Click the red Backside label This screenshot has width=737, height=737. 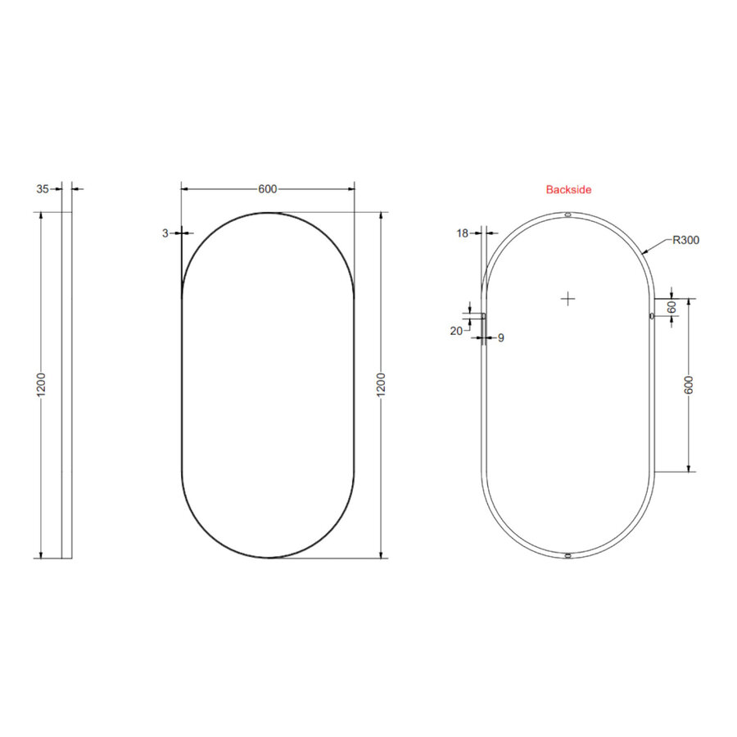click(568, 189)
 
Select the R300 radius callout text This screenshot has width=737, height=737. click(685, 240)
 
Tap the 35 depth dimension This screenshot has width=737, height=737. click(43, 189)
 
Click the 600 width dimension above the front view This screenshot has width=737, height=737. click(268, 189)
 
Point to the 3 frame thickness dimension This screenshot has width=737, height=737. click(165, 233)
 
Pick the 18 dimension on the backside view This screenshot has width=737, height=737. click(463, 233)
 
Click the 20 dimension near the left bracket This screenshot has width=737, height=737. click(456, 331)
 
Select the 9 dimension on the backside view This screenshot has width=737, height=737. click(501, 337)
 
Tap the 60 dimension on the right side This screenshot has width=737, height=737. click(672, 307)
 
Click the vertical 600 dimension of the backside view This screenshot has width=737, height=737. click(689, 385)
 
